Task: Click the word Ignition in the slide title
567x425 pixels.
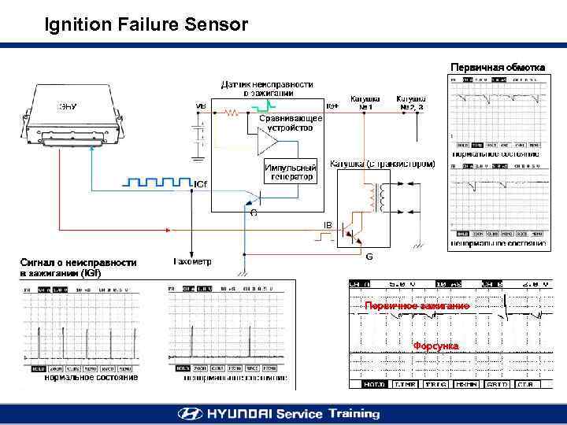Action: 77,24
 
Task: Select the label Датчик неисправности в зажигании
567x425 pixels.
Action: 266,88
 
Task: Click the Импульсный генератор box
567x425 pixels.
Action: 290,172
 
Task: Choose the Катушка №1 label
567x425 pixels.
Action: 365,102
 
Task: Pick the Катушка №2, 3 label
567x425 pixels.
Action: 410,102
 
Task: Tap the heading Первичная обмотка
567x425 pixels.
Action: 497,67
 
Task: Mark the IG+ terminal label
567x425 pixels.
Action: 332,105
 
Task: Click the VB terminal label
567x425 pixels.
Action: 201,107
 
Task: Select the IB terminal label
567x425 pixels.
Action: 328,225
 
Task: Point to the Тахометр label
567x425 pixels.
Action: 191,261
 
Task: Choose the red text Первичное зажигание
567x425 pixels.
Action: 417,305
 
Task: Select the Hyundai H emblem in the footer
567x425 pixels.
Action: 190,413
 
